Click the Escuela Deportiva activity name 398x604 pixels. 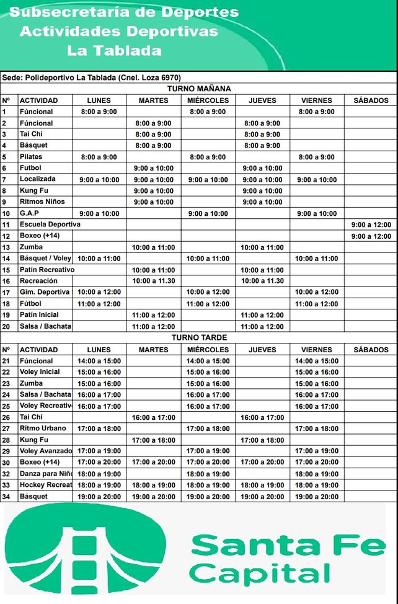(x=50, y=224)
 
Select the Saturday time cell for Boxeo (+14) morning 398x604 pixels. (x=371, y=236)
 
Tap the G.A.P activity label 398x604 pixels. (x=29, y=213)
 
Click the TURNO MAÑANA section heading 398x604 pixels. (x=199, y=89)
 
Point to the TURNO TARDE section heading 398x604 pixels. (x=199, y=338)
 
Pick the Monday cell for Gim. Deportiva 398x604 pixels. (x=99, y=292)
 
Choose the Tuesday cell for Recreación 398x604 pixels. (x=153, y=281)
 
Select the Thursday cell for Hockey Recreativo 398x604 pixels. (x=262, y=486)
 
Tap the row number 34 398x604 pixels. (x=7, y=497)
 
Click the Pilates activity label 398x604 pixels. (x=31, y=157)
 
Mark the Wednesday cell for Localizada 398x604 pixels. (x=208, y=180)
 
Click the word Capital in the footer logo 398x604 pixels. (x=260, y=572)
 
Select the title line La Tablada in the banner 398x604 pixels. (x=114, y=51)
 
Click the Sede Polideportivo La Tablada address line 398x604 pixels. (x=92, y=78)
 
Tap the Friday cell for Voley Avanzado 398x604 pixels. (x=316, y=451)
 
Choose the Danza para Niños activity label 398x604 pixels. (x=45, y=474)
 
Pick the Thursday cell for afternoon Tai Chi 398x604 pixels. (x=262, y=418)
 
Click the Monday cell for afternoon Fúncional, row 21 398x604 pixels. (x=99, y=361)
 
